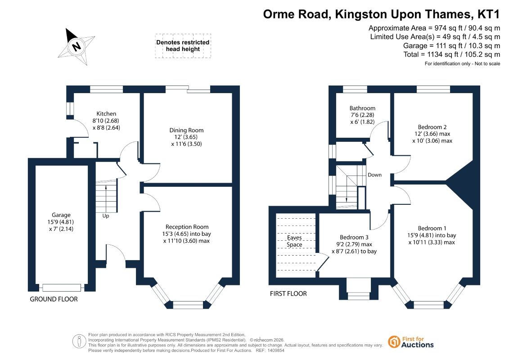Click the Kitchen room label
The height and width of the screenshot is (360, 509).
click(106, 113)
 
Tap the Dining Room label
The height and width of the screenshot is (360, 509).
click(186, 130)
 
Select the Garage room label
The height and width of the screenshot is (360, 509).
click(61, 215)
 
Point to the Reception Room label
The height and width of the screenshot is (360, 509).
click(187, 227)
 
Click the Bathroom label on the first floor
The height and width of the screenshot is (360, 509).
click(362, 108)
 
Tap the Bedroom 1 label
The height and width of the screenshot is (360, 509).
click(432, 228)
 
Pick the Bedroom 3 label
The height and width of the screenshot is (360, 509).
click(354, 237)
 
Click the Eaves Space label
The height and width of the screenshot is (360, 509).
click(294, 241)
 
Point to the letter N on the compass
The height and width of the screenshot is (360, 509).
click(77, 46)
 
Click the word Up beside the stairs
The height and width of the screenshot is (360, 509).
click(106, 216)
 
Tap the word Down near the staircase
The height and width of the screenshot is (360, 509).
click(374, 175)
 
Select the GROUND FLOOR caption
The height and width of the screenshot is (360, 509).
click(54, 299)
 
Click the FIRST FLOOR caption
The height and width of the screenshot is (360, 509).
click(288, 293)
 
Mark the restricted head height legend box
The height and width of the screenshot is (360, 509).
click(183, 46)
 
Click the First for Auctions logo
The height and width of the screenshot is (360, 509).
click(411, 342)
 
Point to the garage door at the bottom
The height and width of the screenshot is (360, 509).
click(62, 288)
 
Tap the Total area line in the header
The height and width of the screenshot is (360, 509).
click(451, 54)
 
